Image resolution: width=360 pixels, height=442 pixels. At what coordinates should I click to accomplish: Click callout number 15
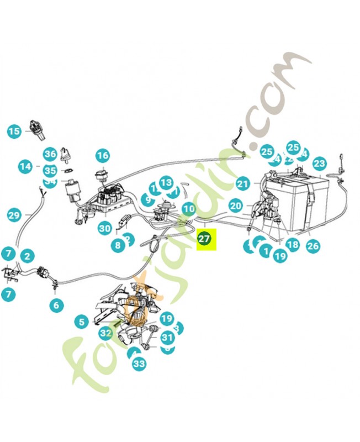click(x=14, y=131)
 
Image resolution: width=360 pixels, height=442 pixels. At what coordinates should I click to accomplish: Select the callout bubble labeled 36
click(x=50, y=154)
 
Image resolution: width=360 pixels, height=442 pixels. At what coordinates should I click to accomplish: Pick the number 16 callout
click(x=103, y=156)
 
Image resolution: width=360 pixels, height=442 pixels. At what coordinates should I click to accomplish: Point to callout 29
click(x=14, y=214)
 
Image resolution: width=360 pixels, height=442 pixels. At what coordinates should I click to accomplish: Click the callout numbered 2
click(x=27, y=256)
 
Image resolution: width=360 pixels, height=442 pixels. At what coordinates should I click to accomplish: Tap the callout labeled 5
click(x=82, y=321)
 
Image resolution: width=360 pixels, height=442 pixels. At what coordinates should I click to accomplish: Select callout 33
click(x=139, y=364)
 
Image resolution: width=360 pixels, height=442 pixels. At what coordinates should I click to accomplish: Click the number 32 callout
click(x=106, y=333)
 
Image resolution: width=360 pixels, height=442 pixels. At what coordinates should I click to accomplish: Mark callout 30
click(x=105, y=228)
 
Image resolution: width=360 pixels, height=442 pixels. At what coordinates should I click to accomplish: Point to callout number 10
click(x=189, y=209)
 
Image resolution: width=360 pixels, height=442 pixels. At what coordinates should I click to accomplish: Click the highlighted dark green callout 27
click(x=204, y=239)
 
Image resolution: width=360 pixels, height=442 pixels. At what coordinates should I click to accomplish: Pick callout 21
click(x=243, y=184)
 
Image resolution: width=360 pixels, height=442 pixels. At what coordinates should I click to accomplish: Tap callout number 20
click(x=236, y=206)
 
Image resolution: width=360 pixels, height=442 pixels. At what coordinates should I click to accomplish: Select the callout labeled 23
click(x=319, y=164)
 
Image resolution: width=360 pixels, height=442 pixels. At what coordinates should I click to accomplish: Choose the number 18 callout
click(x=293, y=244)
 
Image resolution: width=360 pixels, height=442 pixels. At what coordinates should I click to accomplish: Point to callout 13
click(x=166, y=182)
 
